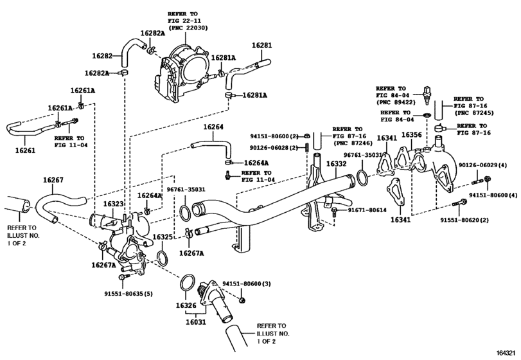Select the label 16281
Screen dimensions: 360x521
click(x=261, y=46)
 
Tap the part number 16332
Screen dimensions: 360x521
click(x=336, y=164)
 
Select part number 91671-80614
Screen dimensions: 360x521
click(x=367, y=210)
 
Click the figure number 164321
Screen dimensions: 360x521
click(x=507, y=354)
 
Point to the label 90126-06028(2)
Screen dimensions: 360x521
click(x=277, y=147)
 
